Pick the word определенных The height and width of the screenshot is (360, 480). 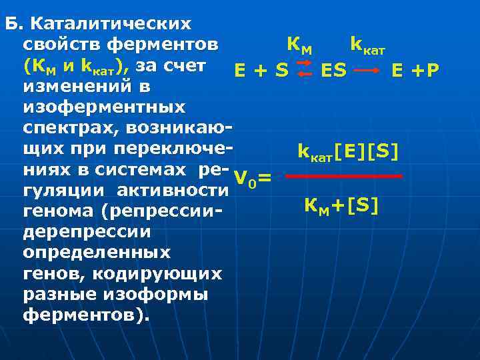pos(96,253)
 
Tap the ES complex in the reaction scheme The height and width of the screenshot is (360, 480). pos(333,69)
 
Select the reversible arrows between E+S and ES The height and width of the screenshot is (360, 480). pos(303,69)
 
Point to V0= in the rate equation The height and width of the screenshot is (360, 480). pos(253,177)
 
